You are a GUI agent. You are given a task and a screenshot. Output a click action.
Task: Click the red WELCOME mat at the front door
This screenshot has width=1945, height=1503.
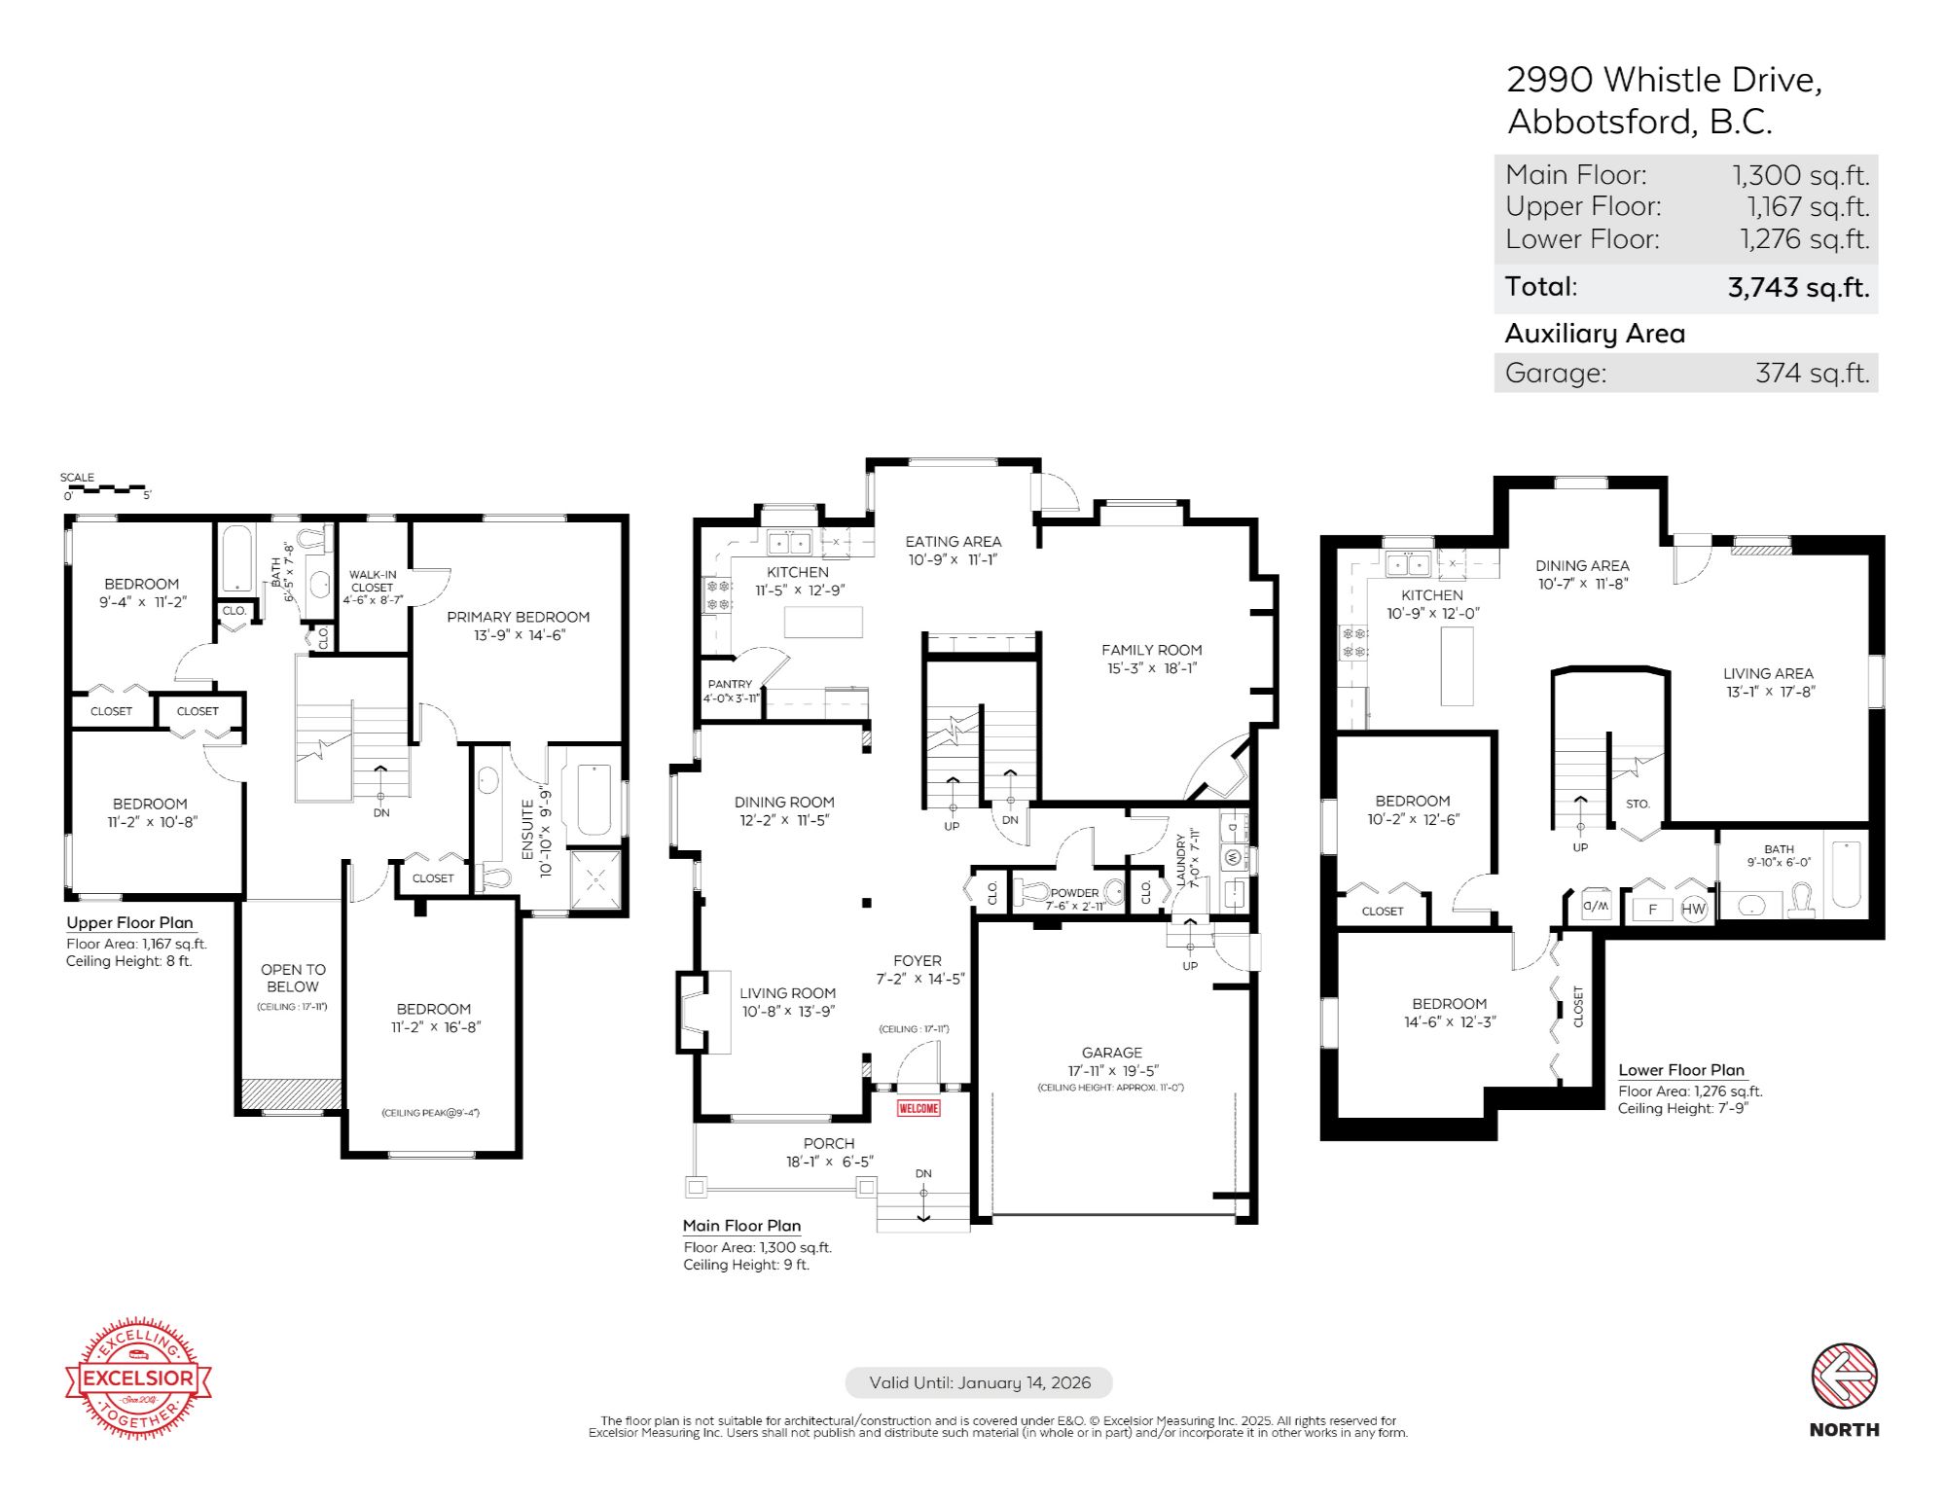918,1108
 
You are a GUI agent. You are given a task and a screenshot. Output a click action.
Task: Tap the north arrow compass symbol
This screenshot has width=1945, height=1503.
1844,1376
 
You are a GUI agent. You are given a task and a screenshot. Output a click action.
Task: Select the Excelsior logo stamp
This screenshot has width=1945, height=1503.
138,1378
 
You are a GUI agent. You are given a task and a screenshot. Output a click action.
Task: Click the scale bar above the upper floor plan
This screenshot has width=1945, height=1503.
107,488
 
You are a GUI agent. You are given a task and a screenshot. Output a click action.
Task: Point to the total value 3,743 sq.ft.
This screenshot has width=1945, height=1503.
1798,288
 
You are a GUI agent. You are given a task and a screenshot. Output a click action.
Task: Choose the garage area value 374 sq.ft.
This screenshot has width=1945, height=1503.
1812,374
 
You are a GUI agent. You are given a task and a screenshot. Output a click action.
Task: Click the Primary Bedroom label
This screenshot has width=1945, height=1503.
518,617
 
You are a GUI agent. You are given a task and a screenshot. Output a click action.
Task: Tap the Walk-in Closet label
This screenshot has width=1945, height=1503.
373,581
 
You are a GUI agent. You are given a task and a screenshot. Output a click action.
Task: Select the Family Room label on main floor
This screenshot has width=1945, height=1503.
1151,650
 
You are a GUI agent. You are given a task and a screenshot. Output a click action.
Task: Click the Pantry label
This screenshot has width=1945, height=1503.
730,684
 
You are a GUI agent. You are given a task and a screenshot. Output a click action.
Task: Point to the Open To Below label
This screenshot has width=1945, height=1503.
293,978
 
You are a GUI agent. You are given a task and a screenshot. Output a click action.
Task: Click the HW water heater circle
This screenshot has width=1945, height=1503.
1693,909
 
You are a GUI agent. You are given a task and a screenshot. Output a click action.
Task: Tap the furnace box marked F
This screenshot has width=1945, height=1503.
1652,910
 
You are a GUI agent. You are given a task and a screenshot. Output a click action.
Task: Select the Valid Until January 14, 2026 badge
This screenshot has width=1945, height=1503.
979,1382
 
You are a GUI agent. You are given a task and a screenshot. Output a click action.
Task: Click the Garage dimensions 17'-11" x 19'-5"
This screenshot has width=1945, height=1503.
1112,1070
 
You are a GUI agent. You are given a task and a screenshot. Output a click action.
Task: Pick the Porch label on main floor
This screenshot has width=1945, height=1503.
829,1143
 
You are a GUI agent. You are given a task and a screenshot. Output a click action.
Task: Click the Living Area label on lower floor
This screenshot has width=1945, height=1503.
1767,673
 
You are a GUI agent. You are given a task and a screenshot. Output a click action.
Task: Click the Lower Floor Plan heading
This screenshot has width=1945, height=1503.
1680,1070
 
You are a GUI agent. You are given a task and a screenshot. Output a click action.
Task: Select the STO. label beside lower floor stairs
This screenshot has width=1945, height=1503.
1638,804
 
